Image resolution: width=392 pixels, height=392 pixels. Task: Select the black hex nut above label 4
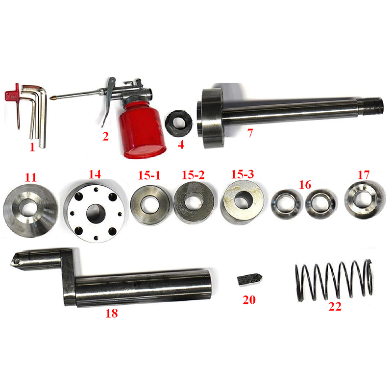179,123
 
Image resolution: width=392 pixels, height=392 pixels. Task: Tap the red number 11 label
31,177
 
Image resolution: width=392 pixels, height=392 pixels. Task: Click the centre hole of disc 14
96,213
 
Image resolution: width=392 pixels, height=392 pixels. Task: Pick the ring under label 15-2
194,202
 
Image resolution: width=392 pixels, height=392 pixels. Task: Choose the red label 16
305,185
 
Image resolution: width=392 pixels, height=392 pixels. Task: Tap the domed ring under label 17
365,200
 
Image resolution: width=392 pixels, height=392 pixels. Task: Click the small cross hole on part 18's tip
17,262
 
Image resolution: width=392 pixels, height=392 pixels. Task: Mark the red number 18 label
112,313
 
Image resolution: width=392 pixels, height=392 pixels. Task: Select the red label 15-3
242,174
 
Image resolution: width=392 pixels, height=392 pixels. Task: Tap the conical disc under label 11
30,211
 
